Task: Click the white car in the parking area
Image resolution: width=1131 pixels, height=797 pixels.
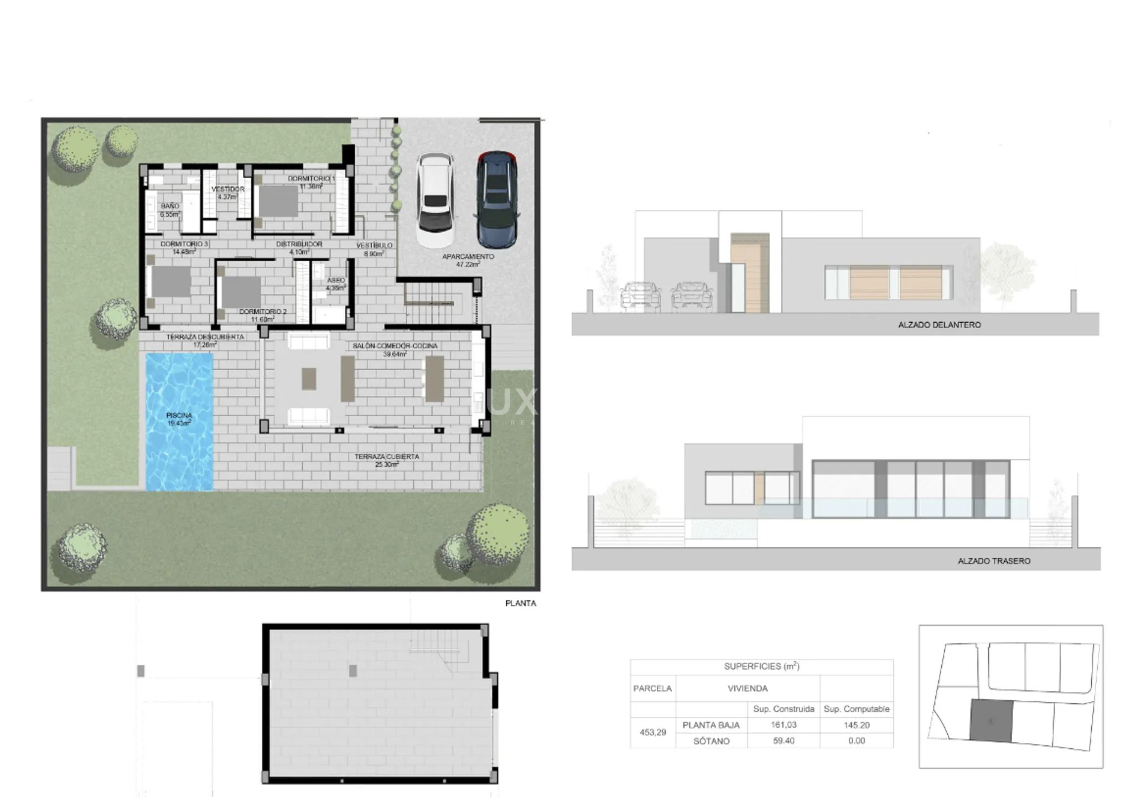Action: point(435,200)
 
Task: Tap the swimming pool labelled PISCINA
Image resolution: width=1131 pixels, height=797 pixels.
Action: point(179,421)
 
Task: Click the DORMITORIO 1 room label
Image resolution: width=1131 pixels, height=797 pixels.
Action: point(311,179)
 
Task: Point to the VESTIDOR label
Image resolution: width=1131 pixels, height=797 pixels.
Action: point(227,189)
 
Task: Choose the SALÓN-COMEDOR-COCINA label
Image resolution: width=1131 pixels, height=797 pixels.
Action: point(395,346)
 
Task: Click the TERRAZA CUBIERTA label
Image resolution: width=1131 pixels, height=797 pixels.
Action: point(387,457)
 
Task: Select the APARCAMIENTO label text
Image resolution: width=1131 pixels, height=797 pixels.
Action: point(468,257)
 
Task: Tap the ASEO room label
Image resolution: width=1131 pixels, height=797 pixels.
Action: point(336,281)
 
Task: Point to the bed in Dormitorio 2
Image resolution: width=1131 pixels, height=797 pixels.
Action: point(241,292)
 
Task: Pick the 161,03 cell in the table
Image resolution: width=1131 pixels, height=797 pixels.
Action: point(784,725)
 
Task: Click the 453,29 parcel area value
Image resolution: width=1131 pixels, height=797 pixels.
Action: point(653,732)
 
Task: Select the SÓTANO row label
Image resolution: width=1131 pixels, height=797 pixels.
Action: point(712,741)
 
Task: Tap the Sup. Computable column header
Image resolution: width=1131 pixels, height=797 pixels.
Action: point(856,709)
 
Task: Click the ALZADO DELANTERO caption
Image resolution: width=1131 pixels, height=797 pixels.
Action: point(939,325)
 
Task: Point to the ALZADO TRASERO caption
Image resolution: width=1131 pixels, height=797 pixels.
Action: point(994,561)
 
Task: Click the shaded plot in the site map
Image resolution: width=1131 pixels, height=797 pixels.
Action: point(991,720)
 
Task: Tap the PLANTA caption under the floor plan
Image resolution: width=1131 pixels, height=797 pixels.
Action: point(520,603)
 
